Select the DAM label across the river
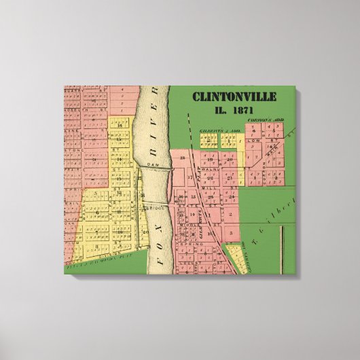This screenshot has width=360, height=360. coord(154,164)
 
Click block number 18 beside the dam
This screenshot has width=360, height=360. coord(182,158)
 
